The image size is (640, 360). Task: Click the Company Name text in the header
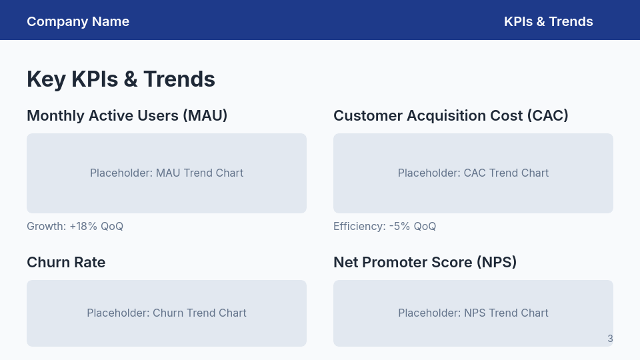(78, 21)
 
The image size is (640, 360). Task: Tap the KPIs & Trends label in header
(548, 21)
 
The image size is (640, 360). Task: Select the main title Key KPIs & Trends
(121, 79)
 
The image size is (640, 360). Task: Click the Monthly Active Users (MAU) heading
(127, 116)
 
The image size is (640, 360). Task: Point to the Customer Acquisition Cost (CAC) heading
(451, 116)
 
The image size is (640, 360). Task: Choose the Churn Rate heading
(66, 263)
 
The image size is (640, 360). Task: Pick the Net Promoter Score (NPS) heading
(425, 263)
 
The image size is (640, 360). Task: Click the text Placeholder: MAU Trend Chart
(167, 173)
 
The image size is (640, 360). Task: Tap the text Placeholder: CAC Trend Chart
(473, 173)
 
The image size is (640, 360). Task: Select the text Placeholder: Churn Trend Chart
(167, 313)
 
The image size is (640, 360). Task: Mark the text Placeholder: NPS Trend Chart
(473, 313)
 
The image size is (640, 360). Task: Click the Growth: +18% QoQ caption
(75, 227)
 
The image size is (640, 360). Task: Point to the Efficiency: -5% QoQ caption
(385, 227)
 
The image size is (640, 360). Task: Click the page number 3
(610, 339)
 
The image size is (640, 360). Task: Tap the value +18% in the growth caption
(83, 227)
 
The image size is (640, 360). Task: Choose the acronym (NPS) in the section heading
(497, 263)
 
